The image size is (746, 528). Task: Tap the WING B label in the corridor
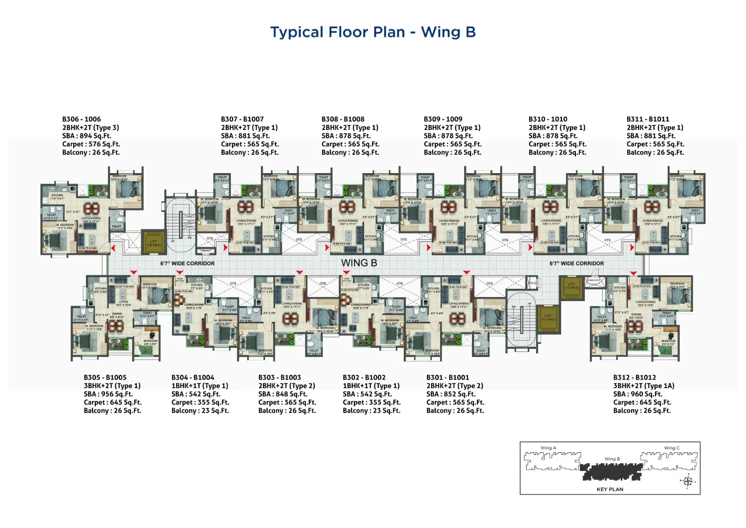[x=359, y=263]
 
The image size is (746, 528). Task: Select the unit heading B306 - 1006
[x=82, y=119]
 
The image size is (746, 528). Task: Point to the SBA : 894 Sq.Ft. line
[x=87, y=136]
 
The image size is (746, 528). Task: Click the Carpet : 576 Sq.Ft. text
[x=91, y=144]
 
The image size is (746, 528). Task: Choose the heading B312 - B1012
[x=634, y=378]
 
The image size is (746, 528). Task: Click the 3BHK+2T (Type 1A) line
[x=644, y=386]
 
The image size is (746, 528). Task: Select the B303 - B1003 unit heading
[x=280, y=378]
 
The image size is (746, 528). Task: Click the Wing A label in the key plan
[x=548, y=448]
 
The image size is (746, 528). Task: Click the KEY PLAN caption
[x=610, y=489]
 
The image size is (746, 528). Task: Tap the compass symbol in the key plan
[x=688, y=481]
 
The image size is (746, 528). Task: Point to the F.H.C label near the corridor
[x=532, y=283]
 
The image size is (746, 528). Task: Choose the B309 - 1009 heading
[x=443, y=119]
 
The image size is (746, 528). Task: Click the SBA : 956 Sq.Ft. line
[x=108, y=394]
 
